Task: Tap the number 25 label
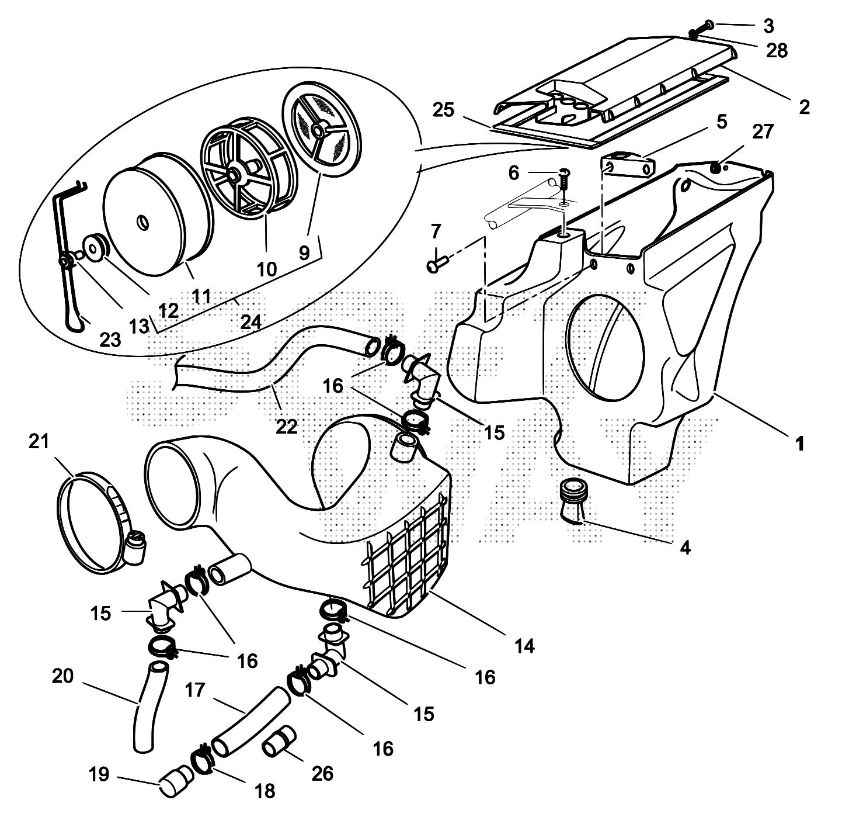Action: (x=444, y=110)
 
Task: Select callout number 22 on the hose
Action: (x=287, y=426)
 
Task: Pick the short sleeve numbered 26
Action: (x=278, y=742)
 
